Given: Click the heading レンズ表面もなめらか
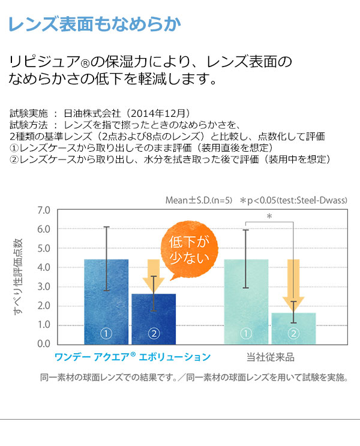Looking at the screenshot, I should tap(95, 25).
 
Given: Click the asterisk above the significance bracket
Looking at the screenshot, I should tap(269, 216).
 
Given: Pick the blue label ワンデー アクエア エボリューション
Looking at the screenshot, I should tap(133, 357).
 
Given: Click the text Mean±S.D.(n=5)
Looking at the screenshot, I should tap(198, 200).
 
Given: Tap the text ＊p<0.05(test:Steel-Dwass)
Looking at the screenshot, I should tap(294, 200).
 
